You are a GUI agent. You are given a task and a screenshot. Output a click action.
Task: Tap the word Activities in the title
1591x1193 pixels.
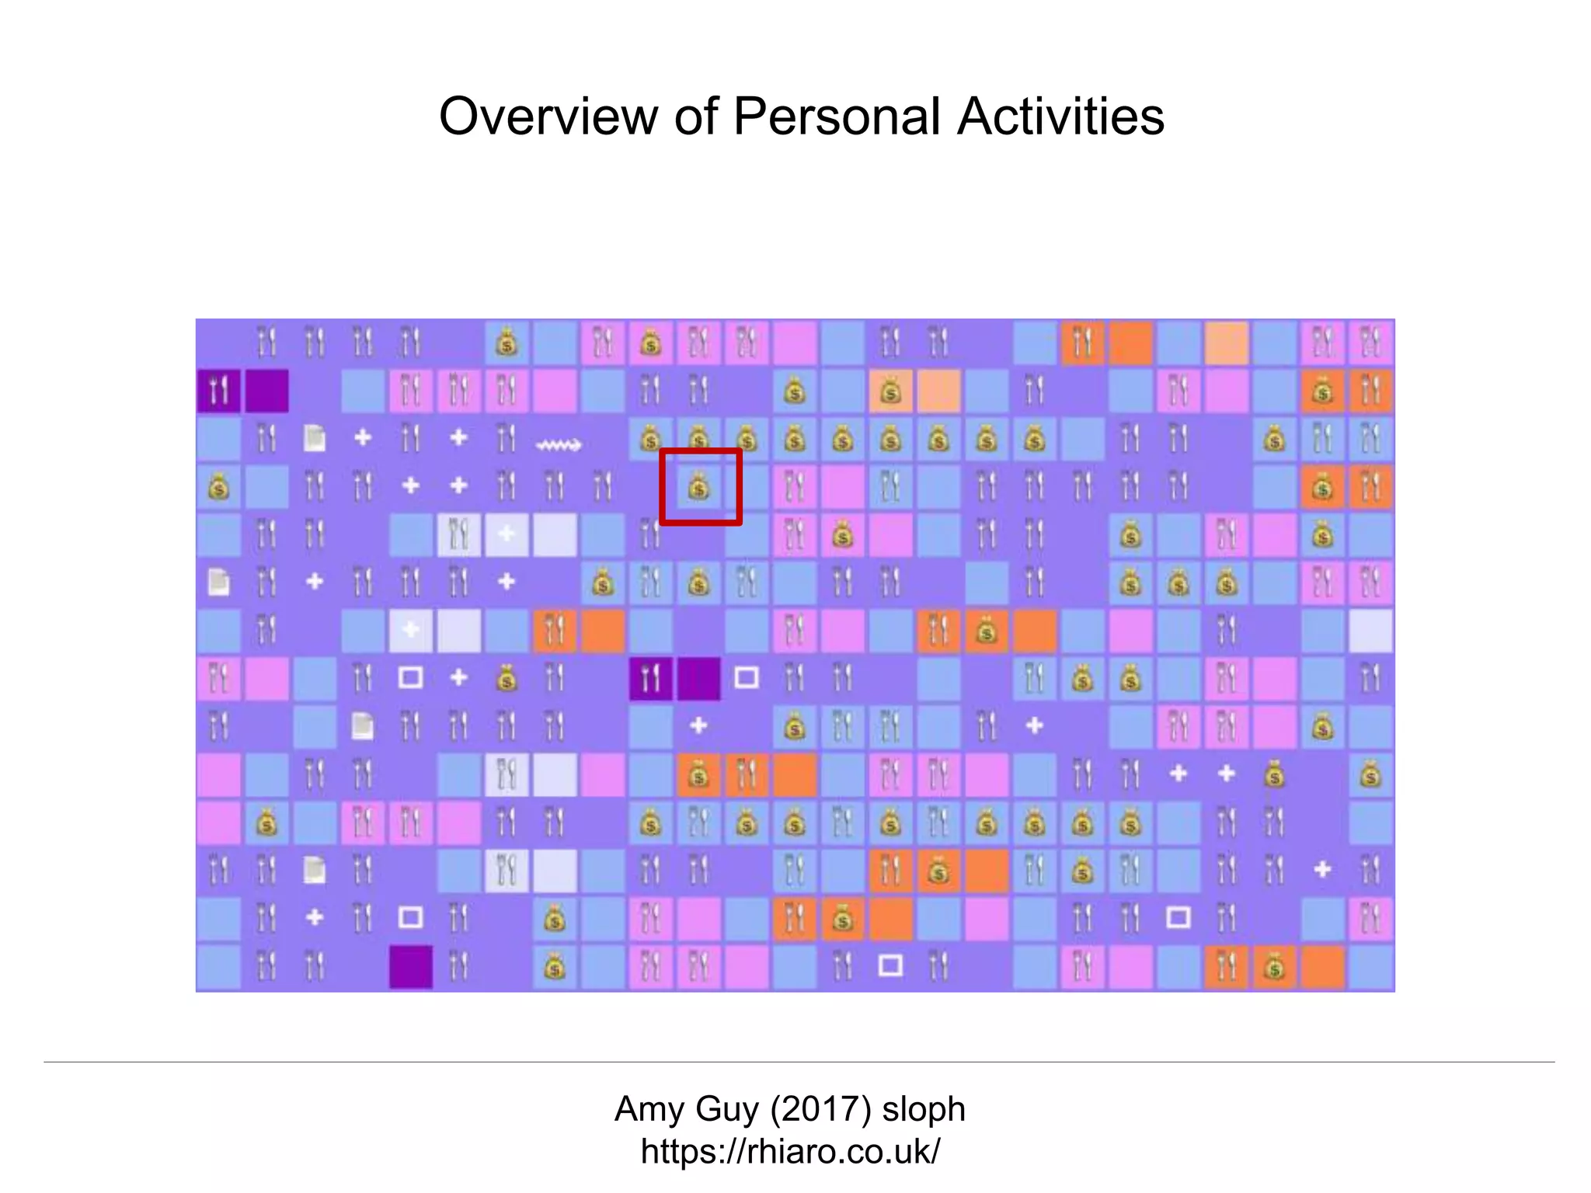pos(1060,117)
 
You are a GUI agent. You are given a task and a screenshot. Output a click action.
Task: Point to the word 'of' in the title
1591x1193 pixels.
pos(695,117)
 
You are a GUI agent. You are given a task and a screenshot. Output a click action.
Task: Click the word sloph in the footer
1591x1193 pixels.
pos(924,1109)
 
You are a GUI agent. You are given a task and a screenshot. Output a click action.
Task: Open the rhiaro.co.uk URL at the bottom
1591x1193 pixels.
pos(790,1151)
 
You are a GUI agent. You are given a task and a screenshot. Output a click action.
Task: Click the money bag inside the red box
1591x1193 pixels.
pos(698,488)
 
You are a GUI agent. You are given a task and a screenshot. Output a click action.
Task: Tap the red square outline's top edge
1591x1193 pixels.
pos(700,451)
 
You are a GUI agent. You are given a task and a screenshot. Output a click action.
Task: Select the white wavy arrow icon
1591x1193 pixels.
pos(558,445)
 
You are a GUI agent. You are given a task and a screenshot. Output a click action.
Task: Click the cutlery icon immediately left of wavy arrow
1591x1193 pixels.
pos(507,439)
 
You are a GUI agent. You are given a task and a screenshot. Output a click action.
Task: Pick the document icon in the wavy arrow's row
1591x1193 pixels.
pos(315,439)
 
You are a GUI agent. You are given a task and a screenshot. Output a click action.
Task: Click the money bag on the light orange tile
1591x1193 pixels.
pos(890,392)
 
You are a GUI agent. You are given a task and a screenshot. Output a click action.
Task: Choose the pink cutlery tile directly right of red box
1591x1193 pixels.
pos(794,488)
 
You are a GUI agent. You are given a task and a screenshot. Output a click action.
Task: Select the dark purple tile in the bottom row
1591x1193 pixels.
pos(411,967)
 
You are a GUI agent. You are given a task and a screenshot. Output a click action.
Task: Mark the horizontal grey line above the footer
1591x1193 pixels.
pos(799,1062)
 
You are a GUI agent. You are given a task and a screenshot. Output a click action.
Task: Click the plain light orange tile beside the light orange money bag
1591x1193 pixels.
pos(938,392)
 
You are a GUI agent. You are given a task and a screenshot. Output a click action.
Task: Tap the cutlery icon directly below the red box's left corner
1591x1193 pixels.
pos(650,535)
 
